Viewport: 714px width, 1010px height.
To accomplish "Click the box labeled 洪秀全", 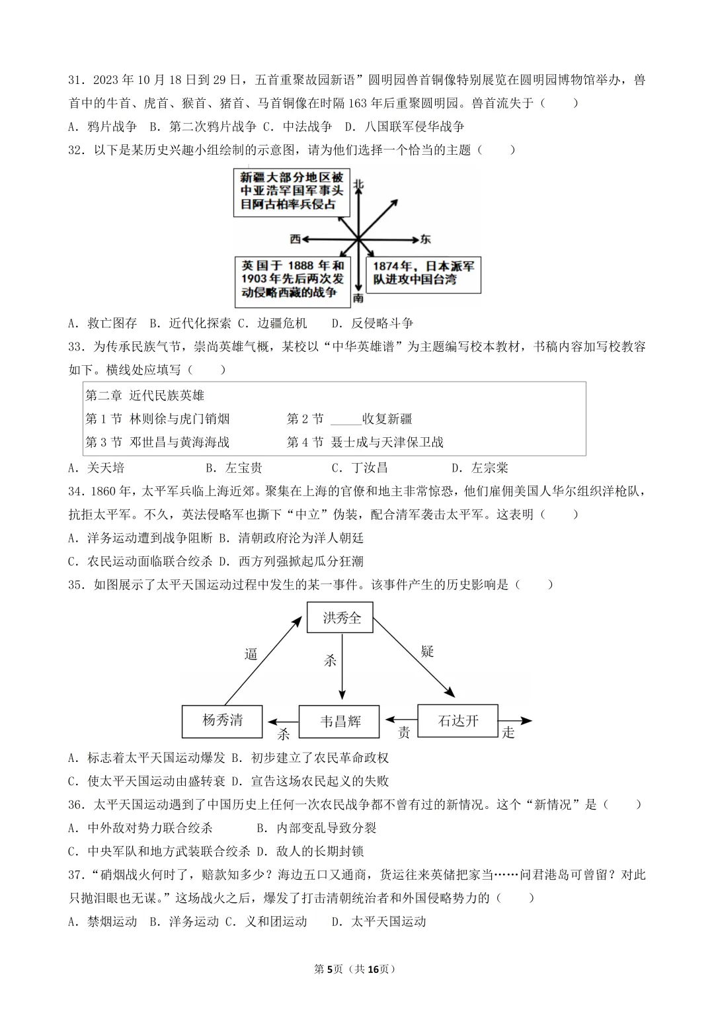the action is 340,618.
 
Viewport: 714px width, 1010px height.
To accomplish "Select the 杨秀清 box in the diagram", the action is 222,720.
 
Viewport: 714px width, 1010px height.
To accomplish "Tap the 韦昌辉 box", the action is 340,721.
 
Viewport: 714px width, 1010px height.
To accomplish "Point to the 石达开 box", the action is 457,720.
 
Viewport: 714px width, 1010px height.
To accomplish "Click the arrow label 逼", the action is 251,654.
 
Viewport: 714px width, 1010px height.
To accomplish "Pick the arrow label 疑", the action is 427,652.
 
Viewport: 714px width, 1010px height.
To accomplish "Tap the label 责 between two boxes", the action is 403,732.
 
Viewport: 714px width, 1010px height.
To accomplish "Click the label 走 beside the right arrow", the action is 508,732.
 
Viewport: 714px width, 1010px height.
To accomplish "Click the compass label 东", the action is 425,239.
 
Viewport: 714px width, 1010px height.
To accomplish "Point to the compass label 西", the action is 295,239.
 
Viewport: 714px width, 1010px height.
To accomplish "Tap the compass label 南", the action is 358,298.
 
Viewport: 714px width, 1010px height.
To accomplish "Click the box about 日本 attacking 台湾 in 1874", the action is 423,273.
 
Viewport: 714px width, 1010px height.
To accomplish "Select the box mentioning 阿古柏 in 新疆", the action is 292,191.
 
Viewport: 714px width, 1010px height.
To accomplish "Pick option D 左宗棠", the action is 480,468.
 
